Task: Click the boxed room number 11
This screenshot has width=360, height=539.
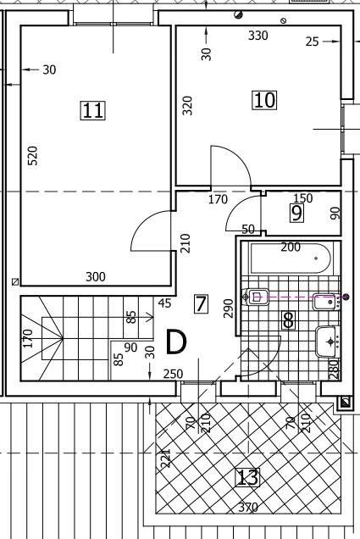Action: click(92, 110)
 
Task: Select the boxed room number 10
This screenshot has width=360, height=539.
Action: click(264, 100)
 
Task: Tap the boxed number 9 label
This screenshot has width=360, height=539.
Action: click(297, 213)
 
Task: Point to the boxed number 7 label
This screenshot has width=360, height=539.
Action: click(201, 304)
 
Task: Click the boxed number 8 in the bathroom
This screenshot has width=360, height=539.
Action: click(288, 320)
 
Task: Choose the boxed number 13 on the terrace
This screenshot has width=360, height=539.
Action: click(247, 477)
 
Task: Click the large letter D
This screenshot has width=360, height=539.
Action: click(176, 342)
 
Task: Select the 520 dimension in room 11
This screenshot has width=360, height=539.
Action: click(32, 155)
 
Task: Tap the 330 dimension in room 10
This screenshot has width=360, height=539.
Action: click(258, 36)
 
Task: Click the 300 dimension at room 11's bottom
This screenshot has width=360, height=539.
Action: click(96, 277)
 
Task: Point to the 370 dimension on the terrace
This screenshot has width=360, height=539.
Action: click(248, 507)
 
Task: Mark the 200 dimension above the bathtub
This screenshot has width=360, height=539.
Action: click(291, 247)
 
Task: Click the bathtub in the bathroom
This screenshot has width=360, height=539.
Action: click(291, 258)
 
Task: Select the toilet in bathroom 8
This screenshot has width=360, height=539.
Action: click(256, 297)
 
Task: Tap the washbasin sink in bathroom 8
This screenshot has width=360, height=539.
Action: click(327, 342)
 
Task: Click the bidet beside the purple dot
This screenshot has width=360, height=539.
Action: click(325, 302)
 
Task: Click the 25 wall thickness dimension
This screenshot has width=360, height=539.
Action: click(313, 42)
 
